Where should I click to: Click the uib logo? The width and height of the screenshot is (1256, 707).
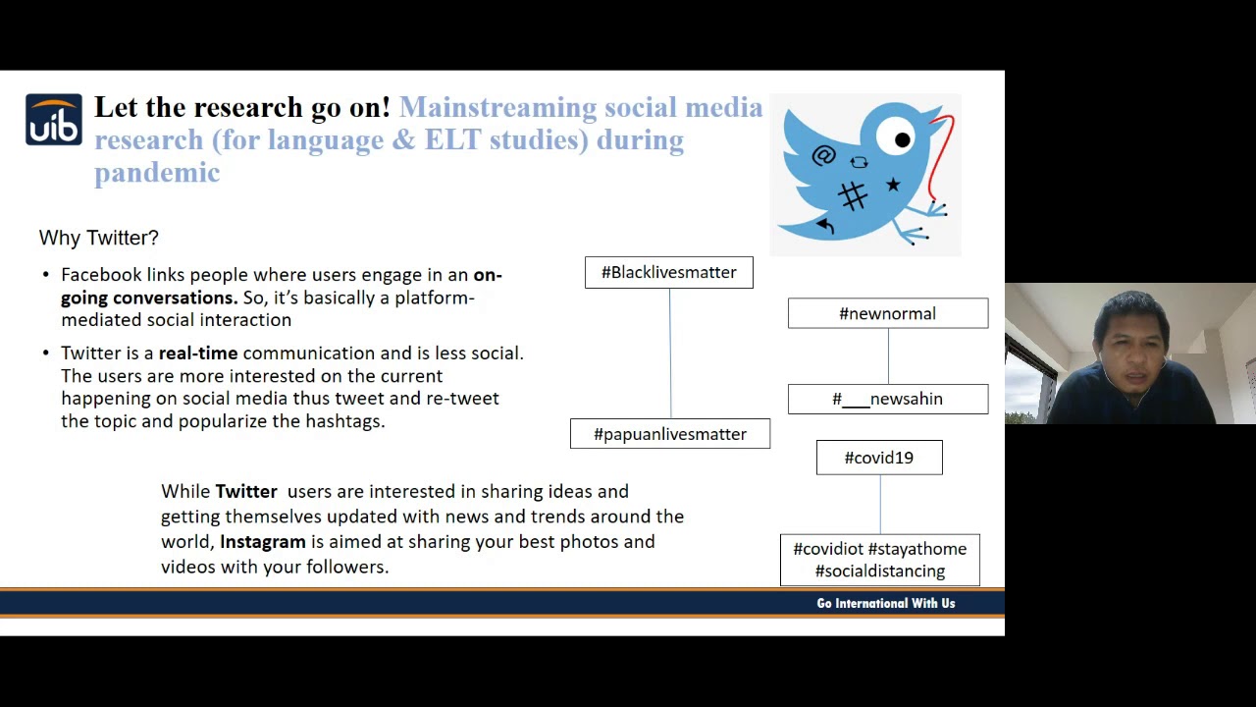[x=54, y=120]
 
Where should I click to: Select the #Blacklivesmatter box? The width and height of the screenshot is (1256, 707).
[x=669, y=273]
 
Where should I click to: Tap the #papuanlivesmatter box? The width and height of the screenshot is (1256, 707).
[x=670, y=434]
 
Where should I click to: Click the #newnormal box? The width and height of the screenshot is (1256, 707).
[x=888, y=313]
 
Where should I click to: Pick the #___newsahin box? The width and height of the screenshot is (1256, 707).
[x=888, y=399]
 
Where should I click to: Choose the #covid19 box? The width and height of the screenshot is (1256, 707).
[x=879, y=458]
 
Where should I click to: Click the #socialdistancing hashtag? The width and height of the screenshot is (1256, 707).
[x=880, y=571]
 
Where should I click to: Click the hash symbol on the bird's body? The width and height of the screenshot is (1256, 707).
[x=853, y=196]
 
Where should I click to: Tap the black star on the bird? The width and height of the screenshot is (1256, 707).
[x=893, y=185]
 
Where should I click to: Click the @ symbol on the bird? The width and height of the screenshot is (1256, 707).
[x=823, y=155]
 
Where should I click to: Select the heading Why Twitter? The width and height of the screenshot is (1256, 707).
[x=98, y=238]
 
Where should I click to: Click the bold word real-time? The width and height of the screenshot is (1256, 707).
[x=198, y=353]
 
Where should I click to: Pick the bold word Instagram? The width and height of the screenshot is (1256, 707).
[x=262, y=541]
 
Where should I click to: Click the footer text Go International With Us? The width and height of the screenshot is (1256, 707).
[x=885, y=603]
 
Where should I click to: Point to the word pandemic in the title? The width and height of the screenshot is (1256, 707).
[x=157, y=173]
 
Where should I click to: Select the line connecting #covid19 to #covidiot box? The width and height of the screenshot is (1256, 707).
[x=880, y=505]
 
